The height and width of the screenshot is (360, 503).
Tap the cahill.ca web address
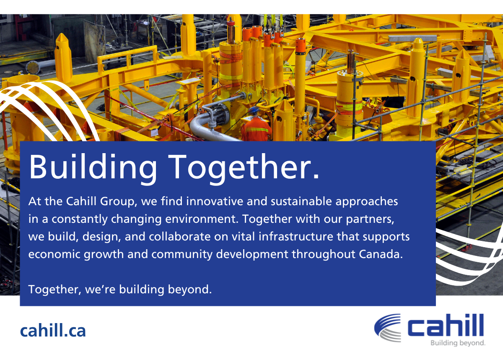click(53, 331)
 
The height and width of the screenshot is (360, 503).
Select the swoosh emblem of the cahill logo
click(387, 328)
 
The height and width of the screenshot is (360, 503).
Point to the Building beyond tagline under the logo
click(458, 343)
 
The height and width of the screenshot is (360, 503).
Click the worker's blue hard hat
click(254, 110)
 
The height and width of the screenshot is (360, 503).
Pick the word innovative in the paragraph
click(215, 201)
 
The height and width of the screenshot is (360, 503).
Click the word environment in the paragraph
click(200, 219)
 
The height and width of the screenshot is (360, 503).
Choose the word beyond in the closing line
click(188, 290)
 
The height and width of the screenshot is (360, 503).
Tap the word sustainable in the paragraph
click(301, 201)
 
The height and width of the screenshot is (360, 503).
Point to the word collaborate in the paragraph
click(179, 236)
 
